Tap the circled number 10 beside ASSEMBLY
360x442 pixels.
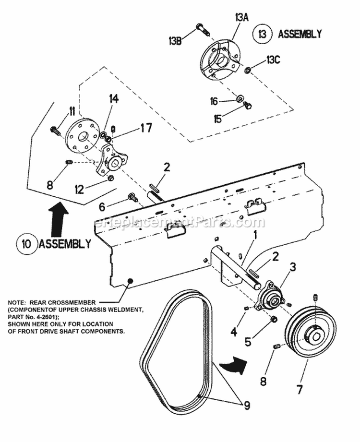[26, 243]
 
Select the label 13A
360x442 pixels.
[241, 17]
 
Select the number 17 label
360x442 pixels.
[146, 128]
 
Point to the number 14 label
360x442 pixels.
[113, 99]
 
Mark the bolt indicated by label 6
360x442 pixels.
[132, 196]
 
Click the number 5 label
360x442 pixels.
[248, 341]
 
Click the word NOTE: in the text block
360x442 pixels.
[18, 303]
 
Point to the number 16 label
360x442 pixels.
[214, 101]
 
